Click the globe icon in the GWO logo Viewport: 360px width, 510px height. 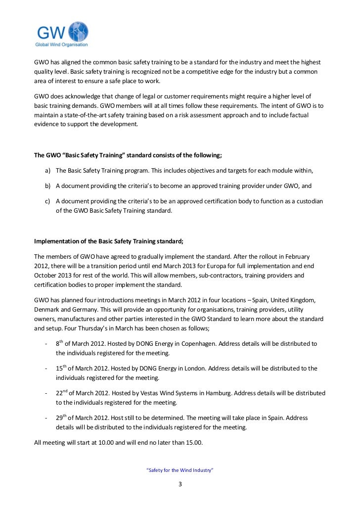click(x=78, y=32)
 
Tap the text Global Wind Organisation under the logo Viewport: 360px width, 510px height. click(x=61, y=45)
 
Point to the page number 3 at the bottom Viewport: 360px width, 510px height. click(x=180, y=484)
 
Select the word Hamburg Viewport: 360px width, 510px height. click(x=216, y=393)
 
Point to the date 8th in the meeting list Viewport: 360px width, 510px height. click(x=60, y=343)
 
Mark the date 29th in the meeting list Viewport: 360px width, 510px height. click(x=61, y=417)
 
